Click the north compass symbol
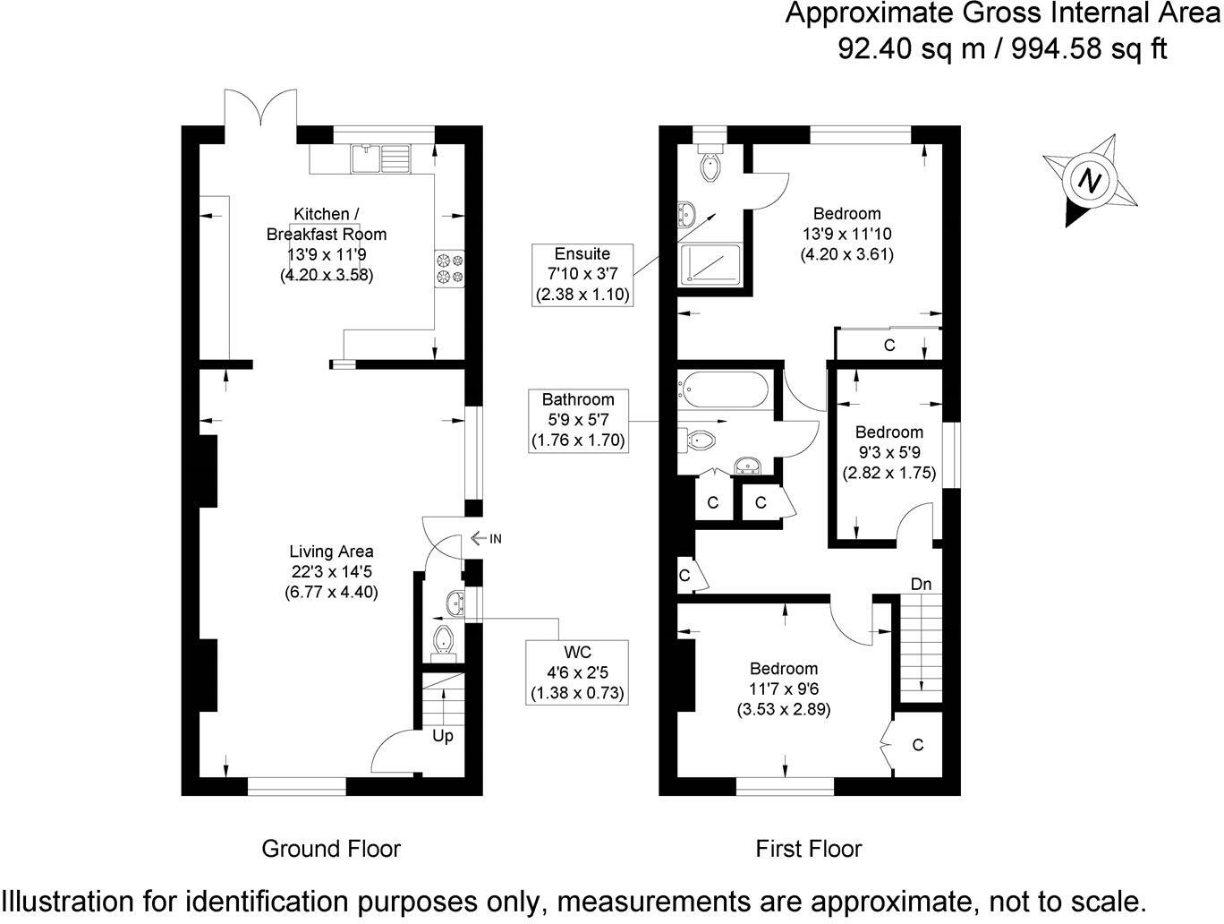pyautogui.click(x=1089, y=181)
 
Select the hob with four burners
pyautogui.click(x=450, y=269)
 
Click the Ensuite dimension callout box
pyautogui.click(x=582, y=274)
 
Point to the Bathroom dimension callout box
pyautogui.click(x=578, y=420)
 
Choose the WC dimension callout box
pyautogui.click(x=577, y=672)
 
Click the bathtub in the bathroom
pyautogui.click(x=723, y=388)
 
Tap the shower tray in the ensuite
pyautogui.click(x=710, y=265)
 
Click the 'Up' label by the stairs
pyautogui.click(x=443, y=736)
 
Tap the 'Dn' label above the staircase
pyautogui.click(x=921, y=584)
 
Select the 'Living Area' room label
pyautogui.click(x=331, y=552)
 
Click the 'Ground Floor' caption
pyautogui.click(x=331, y=848)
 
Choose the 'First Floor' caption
pyautogui.click(x=809, y=848)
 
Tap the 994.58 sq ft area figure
pyautogui.click(x=1088, y=47)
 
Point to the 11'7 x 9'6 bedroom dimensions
pyautogui.click(x=784, y=689)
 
